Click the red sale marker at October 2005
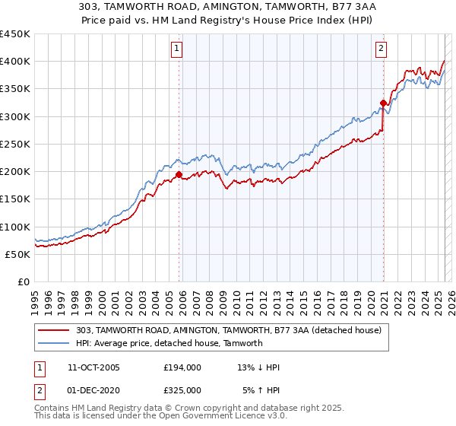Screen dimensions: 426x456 [x=179, y=174]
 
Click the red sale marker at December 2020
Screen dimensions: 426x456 [x=384, y=103]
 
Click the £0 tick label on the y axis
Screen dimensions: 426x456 [x=23, y=281]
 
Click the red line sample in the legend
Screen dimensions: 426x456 [x=54, y=331]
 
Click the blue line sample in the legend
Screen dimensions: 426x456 [x=54, y=343]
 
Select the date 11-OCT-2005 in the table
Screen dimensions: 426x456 [x=93, y=367]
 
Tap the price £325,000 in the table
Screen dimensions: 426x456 [x=182, y=390]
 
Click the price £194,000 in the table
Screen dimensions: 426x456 [x=182, y=367]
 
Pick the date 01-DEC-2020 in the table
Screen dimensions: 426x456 [x=93, y=390]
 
